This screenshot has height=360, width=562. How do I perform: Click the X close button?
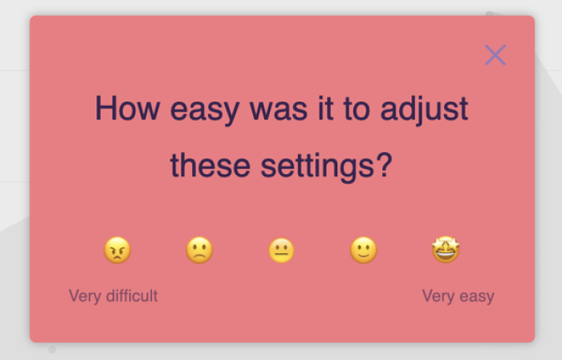[x=495, y=55]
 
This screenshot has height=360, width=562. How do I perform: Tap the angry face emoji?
[x=117, y=250]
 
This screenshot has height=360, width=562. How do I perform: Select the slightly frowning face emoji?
[x=199, y=250]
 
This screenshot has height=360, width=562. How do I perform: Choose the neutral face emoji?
[x=281, y=250]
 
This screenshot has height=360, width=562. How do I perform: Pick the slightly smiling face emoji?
[x=364, y=250]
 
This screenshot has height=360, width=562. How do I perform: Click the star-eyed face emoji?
[x=446, y=250]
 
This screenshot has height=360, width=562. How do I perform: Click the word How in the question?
[x=127, y=108]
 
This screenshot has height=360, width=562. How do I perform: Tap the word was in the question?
[x=279, y=110]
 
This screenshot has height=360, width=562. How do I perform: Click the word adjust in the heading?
[x=424, y=109]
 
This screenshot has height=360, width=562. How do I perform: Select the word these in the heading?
[x=210, y=165]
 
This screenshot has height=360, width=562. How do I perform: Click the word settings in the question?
[x=317, y=166]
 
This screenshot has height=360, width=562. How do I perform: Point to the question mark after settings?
[x=385, y=165]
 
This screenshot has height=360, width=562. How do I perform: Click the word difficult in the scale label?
[x=132, y=296]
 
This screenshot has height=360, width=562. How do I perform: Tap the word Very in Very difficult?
[x=84, y=297]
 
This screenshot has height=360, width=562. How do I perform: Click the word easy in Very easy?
[x=477, y=297]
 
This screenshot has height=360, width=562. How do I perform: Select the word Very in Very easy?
[x=438, y=297]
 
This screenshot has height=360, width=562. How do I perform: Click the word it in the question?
[x=325, y=108]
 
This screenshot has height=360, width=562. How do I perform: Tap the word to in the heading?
[x=356, y=109]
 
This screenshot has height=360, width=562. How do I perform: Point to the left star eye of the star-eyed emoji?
[x=439, y=244]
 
